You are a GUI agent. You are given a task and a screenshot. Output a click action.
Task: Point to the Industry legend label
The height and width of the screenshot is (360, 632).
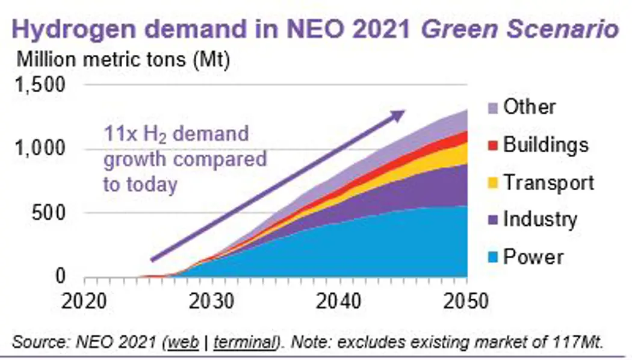coord(539,219)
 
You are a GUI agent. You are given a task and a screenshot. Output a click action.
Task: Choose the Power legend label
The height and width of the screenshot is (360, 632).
coord(533,257)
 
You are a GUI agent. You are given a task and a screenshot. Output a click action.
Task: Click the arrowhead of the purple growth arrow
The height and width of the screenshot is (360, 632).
coord(399,114)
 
